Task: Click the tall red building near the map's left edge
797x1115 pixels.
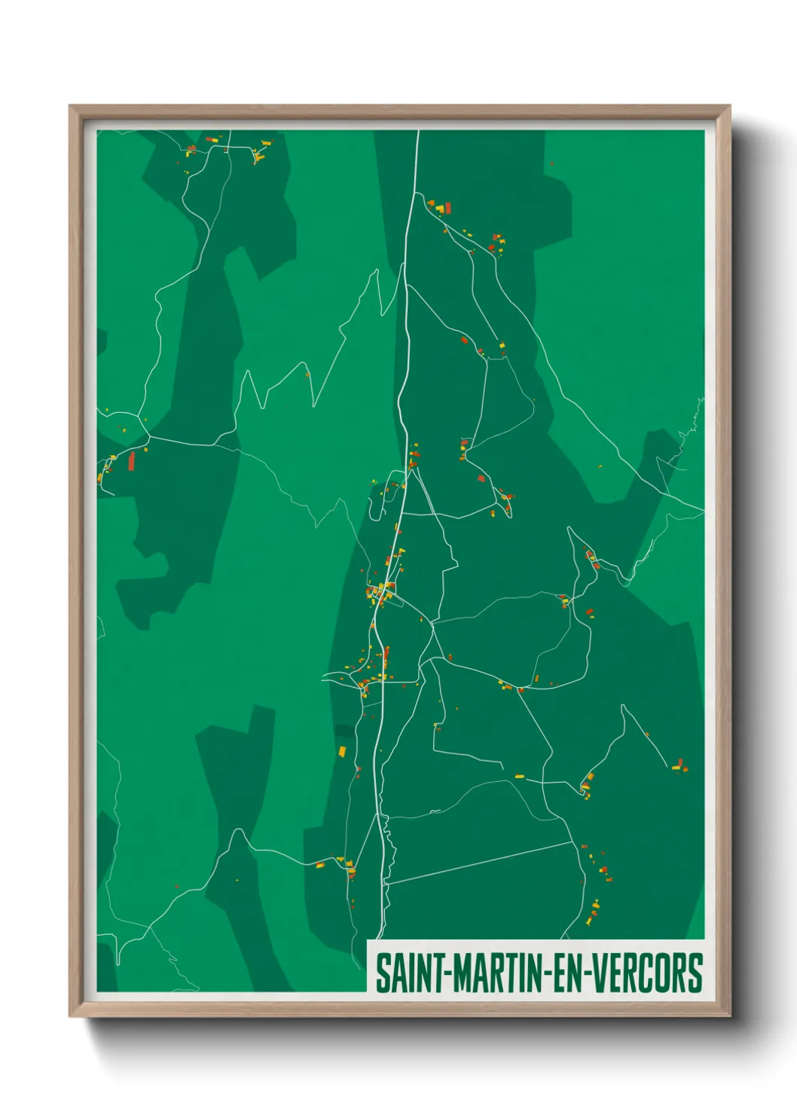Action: [131, 460]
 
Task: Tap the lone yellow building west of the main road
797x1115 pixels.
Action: [342, 750]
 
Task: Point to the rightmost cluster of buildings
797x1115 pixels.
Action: [679, 766]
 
